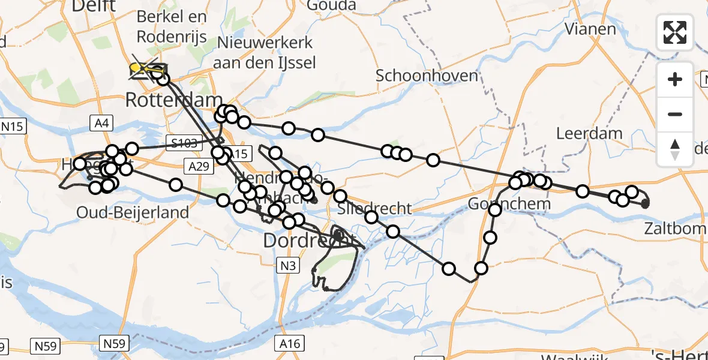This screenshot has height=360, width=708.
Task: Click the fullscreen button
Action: click(675, 32)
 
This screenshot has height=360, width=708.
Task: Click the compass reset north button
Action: click(675, 149)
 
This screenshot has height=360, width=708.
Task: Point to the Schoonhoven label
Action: click(427, 76)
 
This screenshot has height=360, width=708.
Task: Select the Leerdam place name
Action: click(589, 133)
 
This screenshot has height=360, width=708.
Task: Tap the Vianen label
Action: click(590, 29)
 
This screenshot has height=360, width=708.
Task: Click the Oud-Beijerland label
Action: click(133, 212)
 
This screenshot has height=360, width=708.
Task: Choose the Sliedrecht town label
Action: click(375, 208)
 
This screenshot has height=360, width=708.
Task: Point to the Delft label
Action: click(94, 6)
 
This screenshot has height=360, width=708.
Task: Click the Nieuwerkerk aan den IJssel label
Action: click(265, 52)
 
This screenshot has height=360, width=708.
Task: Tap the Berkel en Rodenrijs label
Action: click(172, 27)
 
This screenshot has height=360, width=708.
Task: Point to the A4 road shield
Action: click(101, 124)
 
